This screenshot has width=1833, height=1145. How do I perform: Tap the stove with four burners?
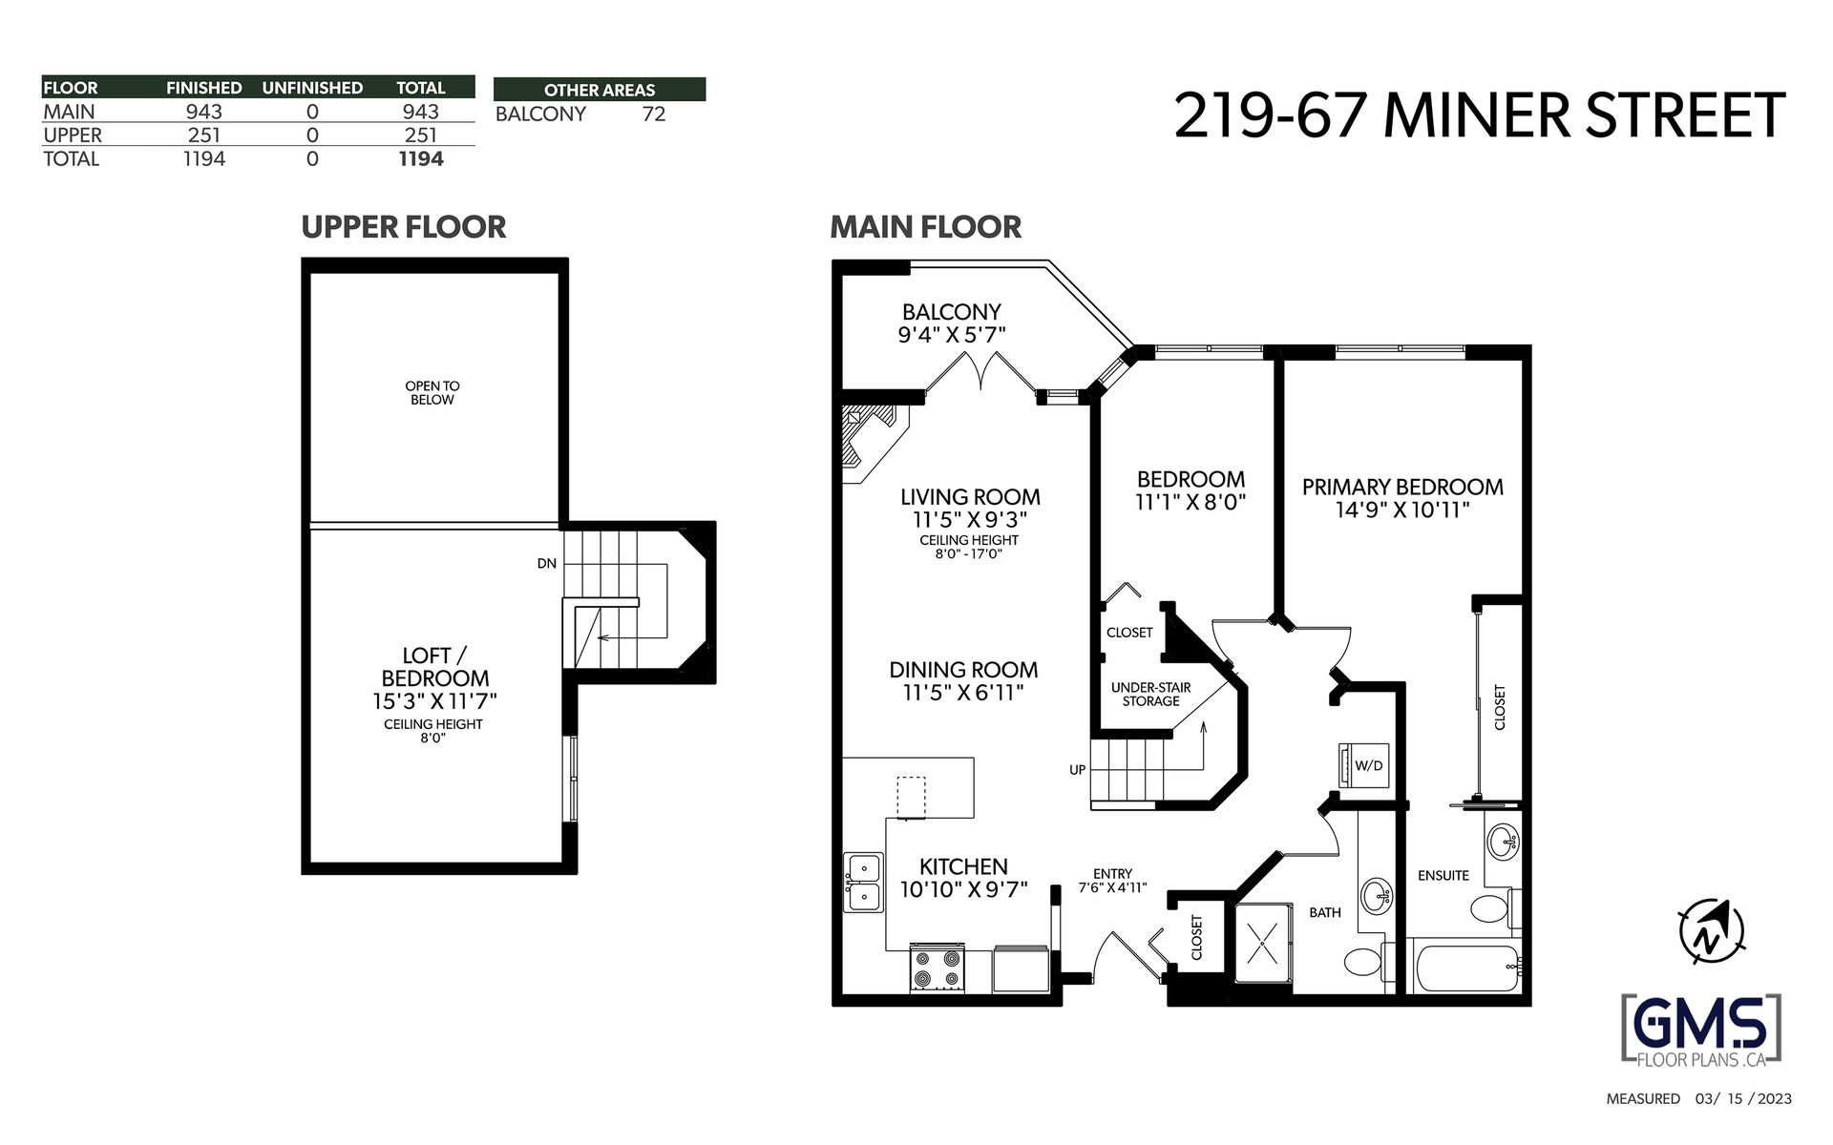pos(937,969)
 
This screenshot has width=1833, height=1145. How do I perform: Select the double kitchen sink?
pos(863,884)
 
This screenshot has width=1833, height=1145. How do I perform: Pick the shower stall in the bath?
pos(1263,941)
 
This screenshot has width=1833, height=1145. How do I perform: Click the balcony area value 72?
pos(654,114)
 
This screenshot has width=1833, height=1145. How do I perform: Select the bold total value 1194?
pos(421,159)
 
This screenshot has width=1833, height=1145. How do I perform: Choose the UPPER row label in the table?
pos(73,135)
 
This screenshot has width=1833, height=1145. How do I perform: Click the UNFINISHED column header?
pos(312,88)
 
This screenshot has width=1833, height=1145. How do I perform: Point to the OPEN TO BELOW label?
pos(432,393)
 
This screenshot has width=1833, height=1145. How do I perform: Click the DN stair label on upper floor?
pos(546,564)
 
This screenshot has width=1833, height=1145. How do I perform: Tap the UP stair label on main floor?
pos(1077,770)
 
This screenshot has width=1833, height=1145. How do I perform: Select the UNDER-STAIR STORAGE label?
pos(1150,695)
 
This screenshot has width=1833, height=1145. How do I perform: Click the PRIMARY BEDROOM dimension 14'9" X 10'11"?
pos(1402,510)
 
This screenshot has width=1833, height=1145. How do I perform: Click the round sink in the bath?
pos(1376,895)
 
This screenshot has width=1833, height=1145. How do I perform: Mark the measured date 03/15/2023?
pos(1744,1099)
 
